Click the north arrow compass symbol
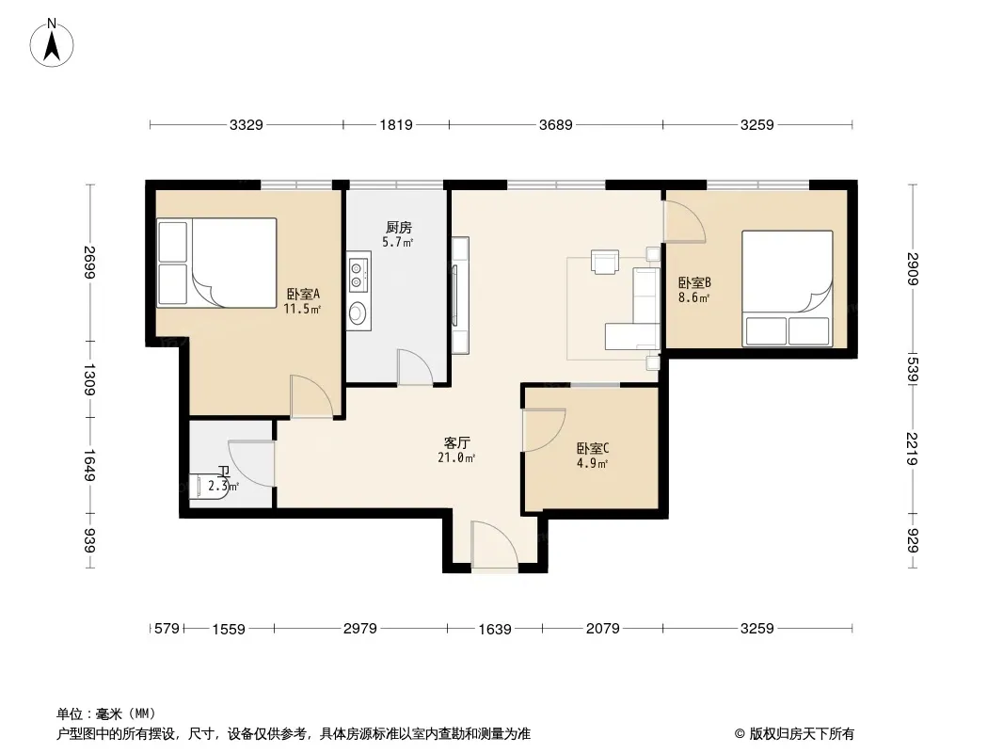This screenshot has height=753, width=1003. point(52,43)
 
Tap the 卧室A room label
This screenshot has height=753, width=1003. point(303,294)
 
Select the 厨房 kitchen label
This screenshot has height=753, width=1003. point(399,227)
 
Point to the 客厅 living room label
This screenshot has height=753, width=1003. point(456,442)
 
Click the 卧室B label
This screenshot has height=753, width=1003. point(694,282)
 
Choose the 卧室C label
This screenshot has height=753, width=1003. point(593,448)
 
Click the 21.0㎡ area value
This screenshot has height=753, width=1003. point(456,458)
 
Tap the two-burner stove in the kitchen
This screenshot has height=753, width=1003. point(358,273)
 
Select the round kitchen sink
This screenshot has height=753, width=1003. point(358,312)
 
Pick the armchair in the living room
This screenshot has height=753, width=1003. point(605,262)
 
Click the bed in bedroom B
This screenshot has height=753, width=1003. point(788,289)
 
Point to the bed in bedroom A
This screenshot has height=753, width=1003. point(216,263)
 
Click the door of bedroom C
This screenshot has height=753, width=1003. point(544,430)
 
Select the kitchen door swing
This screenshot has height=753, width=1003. point(415,366)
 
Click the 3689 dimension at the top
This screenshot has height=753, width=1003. point(555,125)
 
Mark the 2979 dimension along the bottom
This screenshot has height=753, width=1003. point(360,628)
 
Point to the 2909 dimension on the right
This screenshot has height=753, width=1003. point(913,269)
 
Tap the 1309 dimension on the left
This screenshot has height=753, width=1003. point(88,379)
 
